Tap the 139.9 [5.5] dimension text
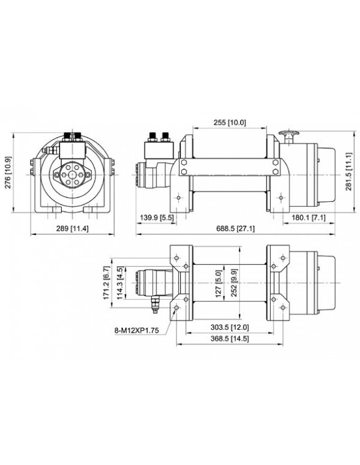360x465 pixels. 157,218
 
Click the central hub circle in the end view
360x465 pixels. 72,175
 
